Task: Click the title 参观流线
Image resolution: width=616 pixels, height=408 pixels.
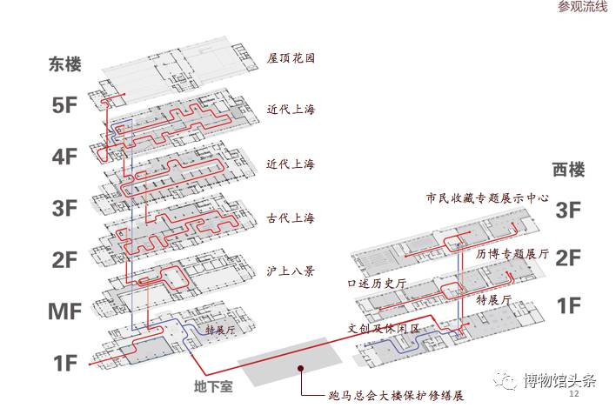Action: coord(582,8)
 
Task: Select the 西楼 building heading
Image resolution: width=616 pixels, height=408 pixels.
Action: coord(570,170)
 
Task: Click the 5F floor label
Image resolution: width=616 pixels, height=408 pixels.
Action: coord(66,105)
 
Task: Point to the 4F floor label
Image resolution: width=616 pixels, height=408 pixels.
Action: coord(66,157)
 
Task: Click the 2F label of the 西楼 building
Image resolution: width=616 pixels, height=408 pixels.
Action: coord(568,258)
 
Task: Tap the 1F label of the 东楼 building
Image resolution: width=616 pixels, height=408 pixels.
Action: coord(66,363)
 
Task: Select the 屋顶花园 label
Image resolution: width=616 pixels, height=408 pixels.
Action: coord(291,59)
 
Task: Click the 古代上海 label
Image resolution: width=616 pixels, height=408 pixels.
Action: coord(291,217)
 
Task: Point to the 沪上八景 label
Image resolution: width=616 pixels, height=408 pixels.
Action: coord(291,270)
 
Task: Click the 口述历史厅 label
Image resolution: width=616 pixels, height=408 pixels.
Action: coord(377,284)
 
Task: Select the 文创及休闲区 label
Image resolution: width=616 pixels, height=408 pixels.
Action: coord(384,329)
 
